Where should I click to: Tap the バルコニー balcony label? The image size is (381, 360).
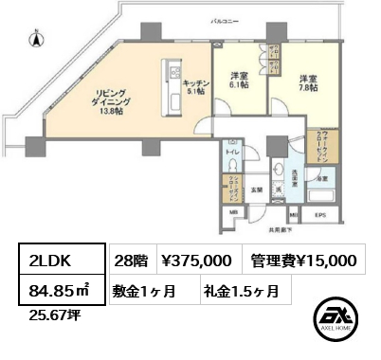(x=251, y=19)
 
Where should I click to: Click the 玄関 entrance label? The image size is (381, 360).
(x=256, y=189)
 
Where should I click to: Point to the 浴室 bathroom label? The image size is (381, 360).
(x=323, y=178)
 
